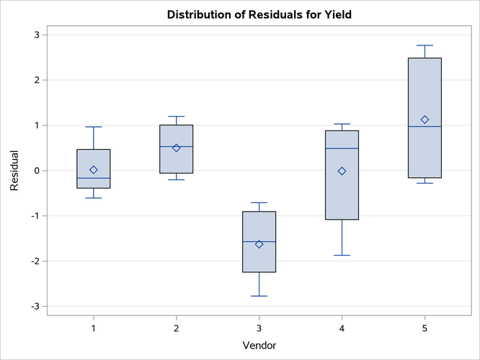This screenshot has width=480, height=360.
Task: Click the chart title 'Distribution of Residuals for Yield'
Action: (259, 14)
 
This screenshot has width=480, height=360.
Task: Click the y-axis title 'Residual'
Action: (15, 171)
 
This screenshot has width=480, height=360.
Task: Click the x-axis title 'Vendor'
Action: (259, 345)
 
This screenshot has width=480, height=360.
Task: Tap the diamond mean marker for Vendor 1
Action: (94, 170)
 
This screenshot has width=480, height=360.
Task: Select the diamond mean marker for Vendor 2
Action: (176, 148)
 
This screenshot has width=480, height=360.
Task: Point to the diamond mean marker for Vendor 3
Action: (259, 244)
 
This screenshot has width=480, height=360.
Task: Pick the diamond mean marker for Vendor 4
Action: (342, 171)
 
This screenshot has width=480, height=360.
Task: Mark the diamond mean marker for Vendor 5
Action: (425, 120)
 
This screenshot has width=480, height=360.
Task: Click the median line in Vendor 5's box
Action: (425, 127)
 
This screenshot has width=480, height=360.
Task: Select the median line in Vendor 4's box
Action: (342, 148)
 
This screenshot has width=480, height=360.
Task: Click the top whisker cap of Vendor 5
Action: (425, 45)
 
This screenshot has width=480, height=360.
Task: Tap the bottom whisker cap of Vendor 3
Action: (259, 296)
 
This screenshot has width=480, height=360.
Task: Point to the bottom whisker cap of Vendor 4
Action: (342, 255)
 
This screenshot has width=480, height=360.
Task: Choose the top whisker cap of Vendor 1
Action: (94, 127)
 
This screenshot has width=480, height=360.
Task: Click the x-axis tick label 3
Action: (259, 328)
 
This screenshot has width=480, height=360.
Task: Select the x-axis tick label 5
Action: (425, 328)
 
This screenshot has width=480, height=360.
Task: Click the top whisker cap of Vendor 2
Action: (176, 116)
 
